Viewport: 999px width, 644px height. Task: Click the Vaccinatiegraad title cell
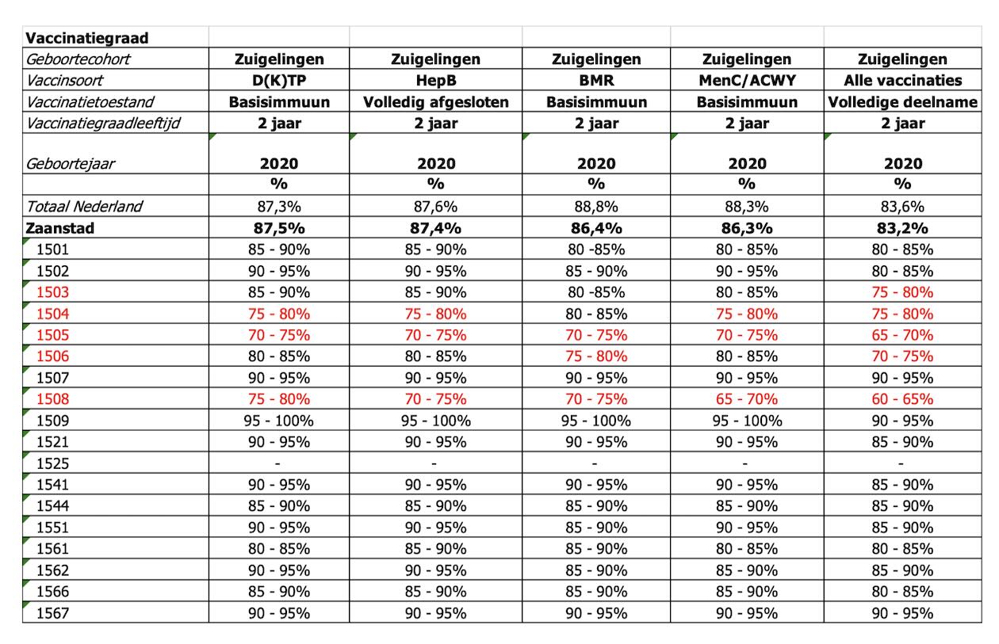pyautogui.click(x=87, y=38)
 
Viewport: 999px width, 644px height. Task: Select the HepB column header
pyautogui.click(x=436, y=80)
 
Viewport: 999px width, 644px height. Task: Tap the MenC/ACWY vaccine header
pyautogui.click(x=747, y=80)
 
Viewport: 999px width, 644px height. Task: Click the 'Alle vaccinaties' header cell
pyautogui.click(x=902, y=80)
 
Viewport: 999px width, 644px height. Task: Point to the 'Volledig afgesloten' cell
pyautogui.click(x=436, y=102)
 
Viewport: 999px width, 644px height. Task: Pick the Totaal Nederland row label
pyautogui.click(x=84, y=206)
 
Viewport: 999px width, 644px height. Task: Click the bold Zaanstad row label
pyautogui.click(x=59, y=228)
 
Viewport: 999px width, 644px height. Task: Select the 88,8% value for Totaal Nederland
pyautogui.click(x=596, y=207)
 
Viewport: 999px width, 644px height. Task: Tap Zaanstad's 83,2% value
pyautogui.click(x=902, y=228)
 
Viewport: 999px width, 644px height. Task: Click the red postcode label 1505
pyautogui.click(x=52, y=335)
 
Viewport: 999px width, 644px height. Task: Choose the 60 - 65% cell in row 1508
pyautogui.click(x=902, y=399)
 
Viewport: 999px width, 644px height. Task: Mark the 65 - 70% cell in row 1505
pyautogui.click(x=902, y=335)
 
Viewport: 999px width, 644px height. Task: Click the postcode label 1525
pyautogui.click(x=52, y=463)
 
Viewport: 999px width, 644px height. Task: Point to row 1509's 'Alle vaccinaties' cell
pyautogui.click(x=902, y=421)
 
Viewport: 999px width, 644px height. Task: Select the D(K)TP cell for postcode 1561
pyautogui.click(x=279, y=549)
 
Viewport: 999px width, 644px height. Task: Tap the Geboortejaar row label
pyautogui.click(x=71, y=164)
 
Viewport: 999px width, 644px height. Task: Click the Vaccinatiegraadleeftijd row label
pyautogui.click(x=103, y=123)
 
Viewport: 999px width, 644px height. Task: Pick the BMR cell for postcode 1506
pyautogui.click(x=596, y=356)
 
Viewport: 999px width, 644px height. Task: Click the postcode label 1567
pyautogui.click(x=52, y=613)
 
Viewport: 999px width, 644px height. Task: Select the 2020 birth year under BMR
pyautogui.click(x=596, y=164)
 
